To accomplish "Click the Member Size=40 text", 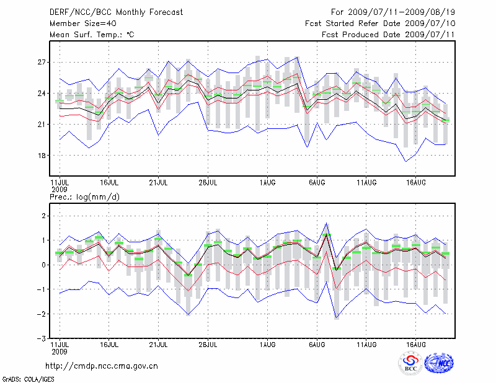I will tap(79, 24).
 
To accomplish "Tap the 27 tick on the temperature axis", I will tap(42, 63).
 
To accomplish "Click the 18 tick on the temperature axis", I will tap(42, 156).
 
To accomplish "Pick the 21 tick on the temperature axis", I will tap(42, 125).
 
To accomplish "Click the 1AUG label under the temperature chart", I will tap(267, 183).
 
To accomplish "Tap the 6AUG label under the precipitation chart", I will tap(317, 344).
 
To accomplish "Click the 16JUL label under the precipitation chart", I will tap(109, 344).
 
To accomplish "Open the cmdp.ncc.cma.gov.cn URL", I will tap(102, 366).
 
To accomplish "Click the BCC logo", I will tap(410, 363).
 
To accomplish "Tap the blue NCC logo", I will tap(438, 363).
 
